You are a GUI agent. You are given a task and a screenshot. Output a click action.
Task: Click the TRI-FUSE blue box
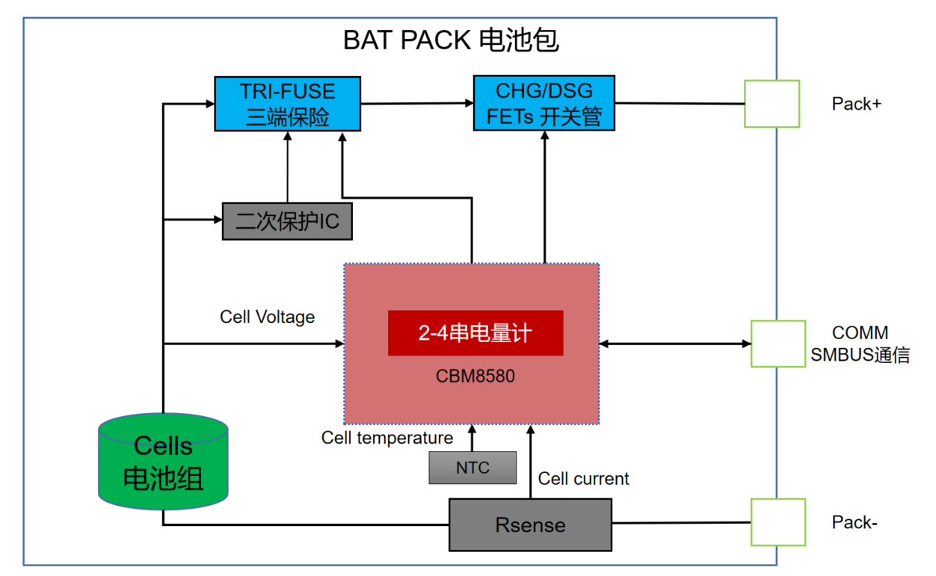coord(288,104)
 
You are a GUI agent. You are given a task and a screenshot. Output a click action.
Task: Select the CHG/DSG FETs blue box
coord(544,103)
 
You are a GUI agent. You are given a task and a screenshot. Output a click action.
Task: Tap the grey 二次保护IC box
coord(287,221)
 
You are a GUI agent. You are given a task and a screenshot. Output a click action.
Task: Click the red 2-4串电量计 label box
coord(475,332)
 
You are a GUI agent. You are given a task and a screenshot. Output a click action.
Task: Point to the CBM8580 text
coord(475,376)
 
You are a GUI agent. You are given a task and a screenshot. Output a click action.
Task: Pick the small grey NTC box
coord(472,468)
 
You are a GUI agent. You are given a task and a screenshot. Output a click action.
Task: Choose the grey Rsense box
coord(530,524)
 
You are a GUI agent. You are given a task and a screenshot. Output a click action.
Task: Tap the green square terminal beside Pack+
coord(772,104)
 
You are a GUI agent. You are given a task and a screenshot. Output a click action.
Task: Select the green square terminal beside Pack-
coord(778,522)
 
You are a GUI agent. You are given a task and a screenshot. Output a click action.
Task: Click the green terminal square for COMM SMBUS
coord(778,344)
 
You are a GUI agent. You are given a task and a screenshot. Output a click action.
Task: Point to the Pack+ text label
coord(856,104)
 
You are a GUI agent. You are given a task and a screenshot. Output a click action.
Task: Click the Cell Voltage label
coord(267,317)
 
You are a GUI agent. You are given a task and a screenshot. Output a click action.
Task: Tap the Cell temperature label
coord(387,437)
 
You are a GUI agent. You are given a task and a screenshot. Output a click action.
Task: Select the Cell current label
coord(583,479)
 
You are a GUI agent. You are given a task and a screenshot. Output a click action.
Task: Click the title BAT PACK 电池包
coord(451,40)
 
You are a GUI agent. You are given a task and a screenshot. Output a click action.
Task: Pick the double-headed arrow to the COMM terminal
coord(675,344)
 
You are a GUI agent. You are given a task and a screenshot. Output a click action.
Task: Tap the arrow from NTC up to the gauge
coord(472,438)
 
